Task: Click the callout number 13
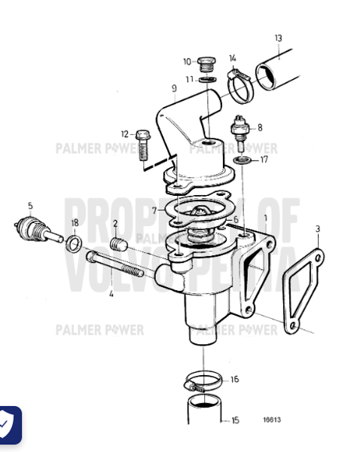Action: click(278, 38)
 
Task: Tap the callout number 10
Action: click(187, 62)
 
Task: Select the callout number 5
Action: click(30, 206)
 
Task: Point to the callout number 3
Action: click(318, 228)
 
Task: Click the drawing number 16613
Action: click(272, 420)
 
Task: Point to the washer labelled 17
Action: click(243, 160)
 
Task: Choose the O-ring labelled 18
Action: click(75, 243)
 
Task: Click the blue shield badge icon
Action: click(7, 426)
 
